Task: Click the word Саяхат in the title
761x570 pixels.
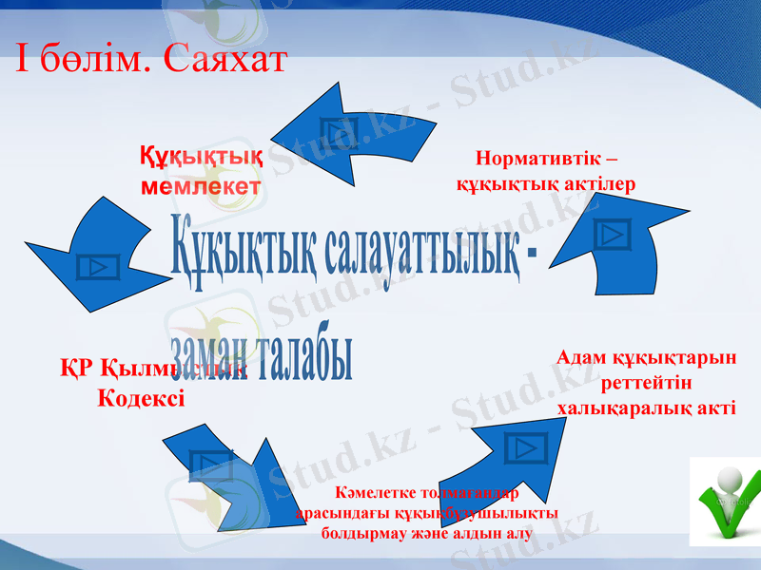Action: coord(225,61)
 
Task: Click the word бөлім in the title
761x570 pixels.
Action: coord(100,61)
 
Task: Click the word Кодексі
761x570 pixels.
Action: coord(142,397)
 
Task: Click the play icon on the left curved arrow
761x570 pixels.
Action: coord(97,266)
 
